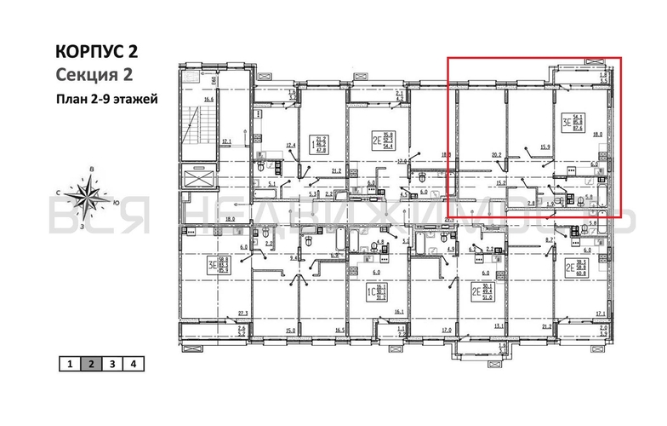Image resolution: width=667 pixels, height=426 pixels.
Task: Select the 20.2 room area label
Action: pos(496,155)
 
